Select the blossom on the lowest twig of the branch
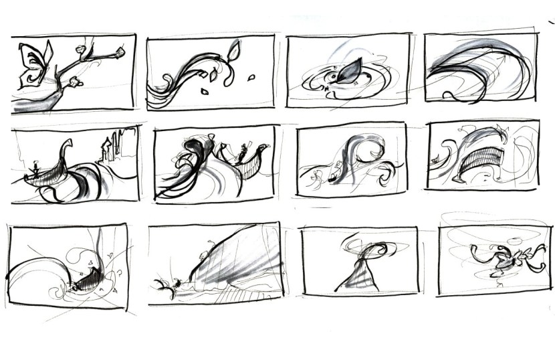click(76, 82)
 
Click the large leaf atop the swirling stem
click(233, 50)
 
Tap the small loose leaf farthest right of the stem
click(251, 78)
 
